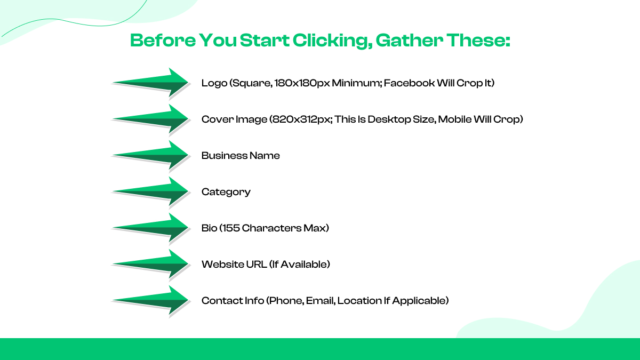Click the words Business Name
point(241,156)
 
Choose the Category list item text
point(226,192)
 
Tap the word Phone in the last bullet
point(286,301)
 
